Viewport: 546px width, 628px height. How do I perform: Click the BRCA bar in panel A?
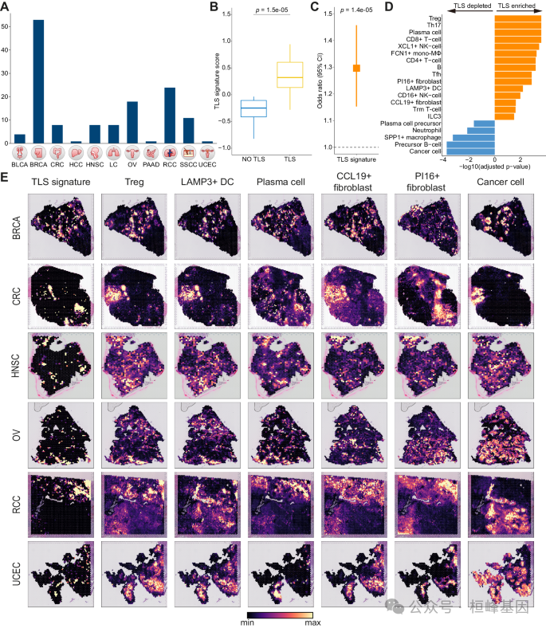38,80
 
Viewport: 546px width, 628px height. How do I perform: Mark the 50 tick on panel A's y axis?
6,26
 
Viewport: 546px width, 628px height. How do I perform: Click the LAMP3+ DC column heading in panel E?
204,181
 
